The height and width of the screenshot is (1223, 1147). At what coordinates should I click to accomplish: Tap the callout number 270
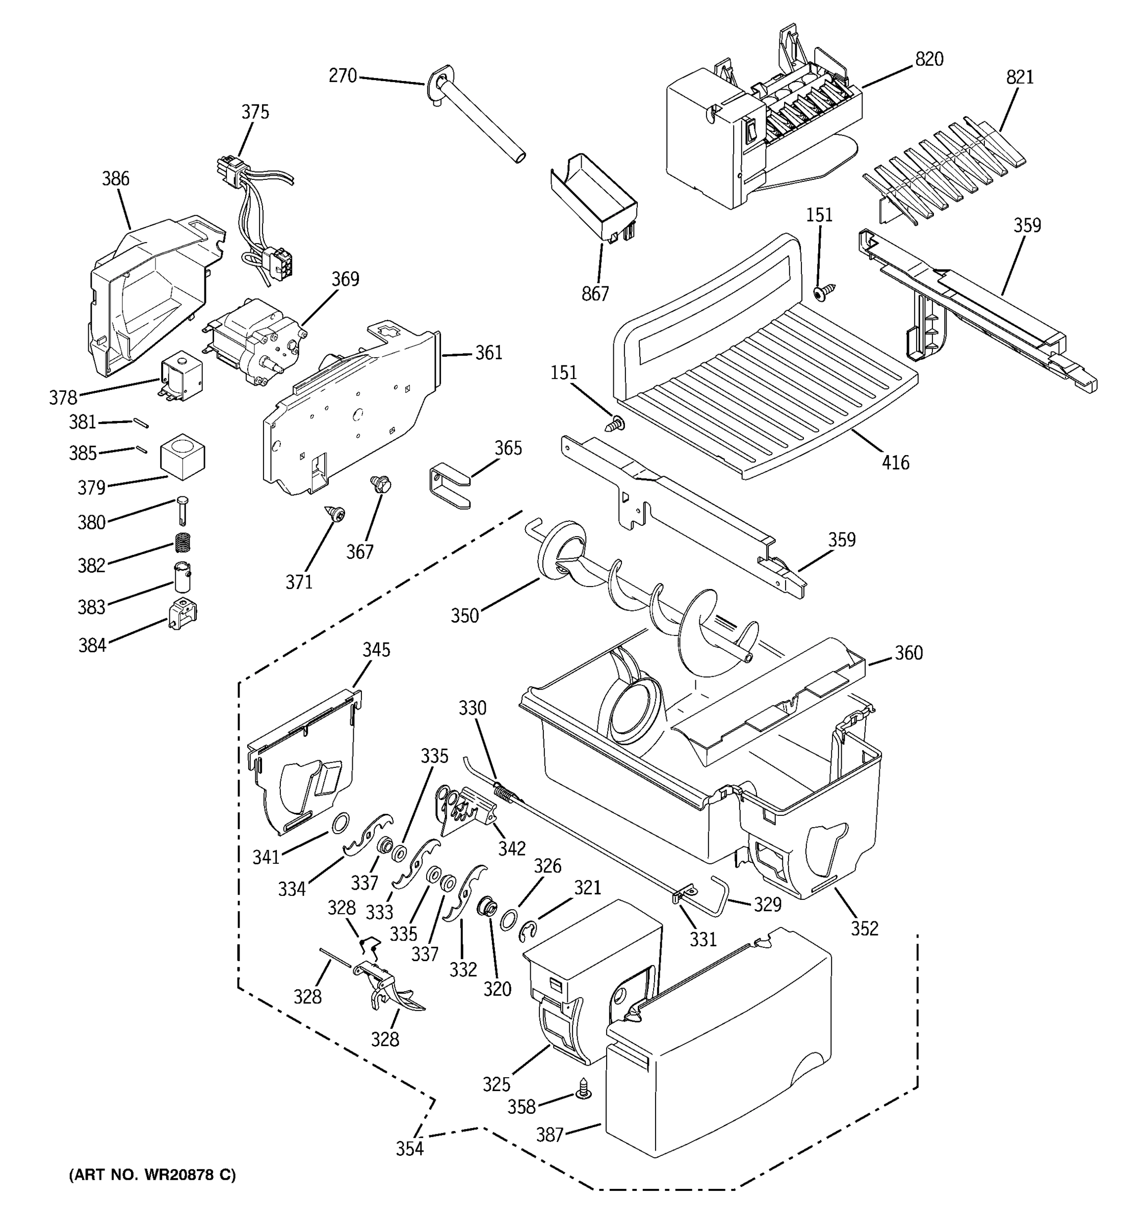(342, 75)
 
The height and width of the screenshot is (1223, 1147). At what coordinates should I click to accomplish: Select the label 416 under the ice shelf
(895, 462)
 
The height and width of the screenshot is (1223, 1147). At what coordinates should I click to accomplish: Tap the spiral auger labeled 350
(646, 600)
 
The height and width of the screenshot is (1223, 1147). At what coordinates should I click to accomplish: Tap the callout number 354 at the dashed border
(409, 1148)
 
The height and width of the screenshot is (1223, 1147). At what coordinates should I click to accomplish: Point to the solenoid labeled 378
(181, 377)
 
